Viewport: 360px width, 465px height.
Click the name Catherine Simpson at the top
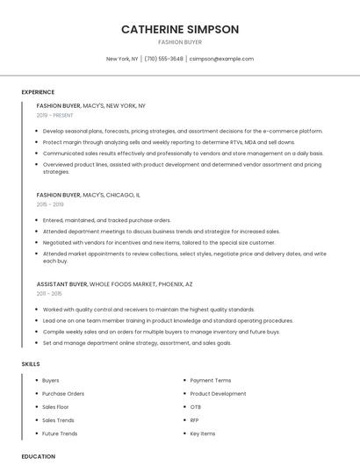click(180, 29)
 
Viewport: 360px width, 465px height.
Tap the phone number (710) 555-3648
click(163, 59)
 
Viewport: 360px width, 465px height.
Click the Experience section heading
click(38, 92)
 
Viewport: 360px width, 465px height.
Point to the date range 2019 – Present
click(55, 115)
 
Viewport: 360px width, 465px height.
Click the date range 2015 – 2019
click(50, 204)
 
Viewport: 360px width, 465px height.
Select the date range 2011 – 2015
click(50, 294)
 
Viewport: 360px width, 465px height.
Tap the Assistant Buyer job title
click(61, 284)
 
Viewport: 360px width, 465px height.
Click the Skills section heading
click(31, 363)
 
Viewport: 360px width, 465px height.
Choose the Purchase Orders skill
click(63, 394)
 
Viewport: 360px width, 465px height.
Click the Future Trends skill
click(60, 433)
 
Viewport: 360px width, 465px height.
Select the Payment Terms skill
click(211, 381)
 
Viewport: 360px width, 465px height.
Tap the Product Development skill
click(218, 394)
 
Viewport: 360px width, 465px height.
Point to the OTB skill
click(196, 407)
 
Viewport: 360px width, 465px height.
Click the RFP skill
click(195, 420)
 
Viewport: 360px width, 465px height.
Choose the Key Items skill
click(203, 433)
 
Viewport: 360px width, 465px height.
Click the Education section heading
click(39, 456)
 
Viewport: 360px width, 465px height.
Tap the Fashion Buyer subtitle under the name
click(180, 42)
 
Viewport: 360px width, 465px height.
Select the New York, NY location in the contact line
click(122, 59)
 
